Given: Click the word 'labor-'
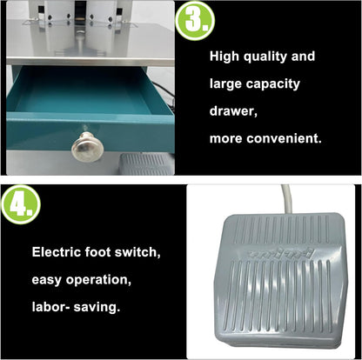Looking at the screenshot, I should (x=53, y=306).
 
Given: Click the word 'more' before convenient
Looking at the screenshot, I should (x=230, y=139).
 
